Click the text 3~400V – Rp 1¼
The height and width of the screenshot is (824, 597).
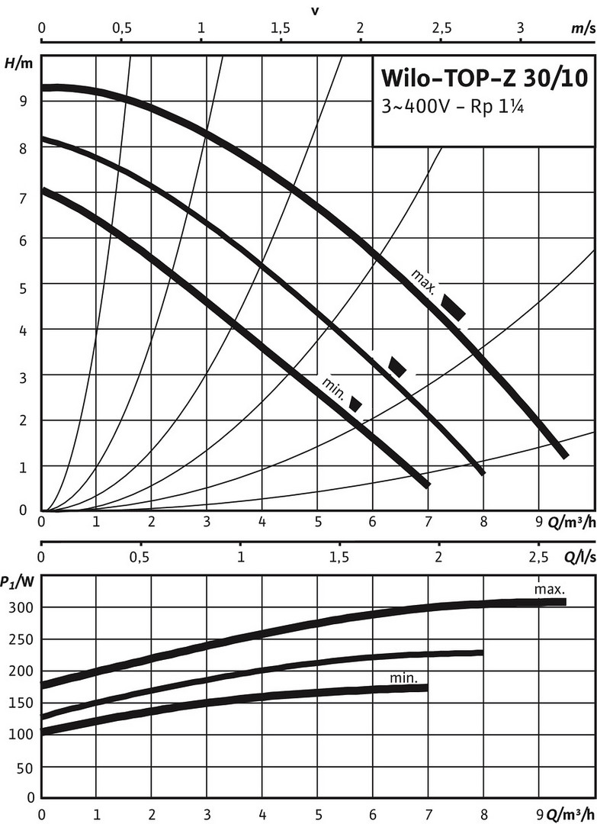pyautogui.click(x=453, y=108)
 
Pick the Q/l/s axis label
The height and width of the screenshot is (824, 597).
pyautogui.click(x=579, y=558)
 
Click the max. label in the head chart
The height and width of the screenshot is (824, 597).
pyautogui.click(x=423, y=280)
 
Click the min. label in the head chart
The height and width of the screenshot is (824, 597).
pyautogui.click(x=334, y=388)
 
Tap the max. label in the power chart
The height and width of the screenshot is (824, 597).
pyautogui.click(x=549, y=589)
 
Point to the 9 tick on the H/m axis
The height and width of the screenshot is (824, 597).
pyautogui.click(x=24, y=101)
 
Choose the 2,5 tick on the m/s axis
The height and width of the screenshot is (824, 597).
pyautogui.click(x=441, y=28)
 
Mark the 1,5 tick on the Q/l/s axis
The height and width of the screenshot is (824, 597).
pyautogui.click(x=340, y=558)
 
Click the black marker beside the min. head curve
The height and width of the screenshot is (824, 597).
pyautogui.click(x=355, y=404)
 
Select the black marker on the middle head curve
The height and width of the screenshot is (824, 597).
pyautogui.click(x=397, y=366)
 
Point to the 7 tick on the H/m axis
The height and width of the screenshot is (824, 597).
pyautogui.click(x=24, y=198)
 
